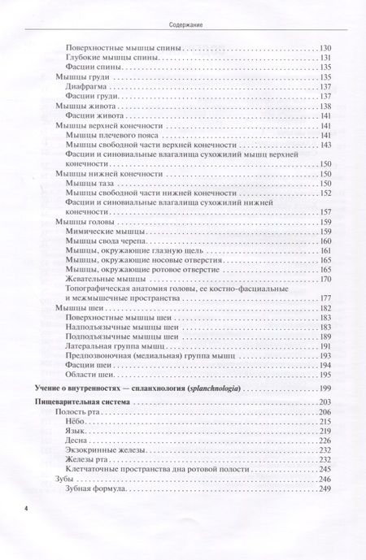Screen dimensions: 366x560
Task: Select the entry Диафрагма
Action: pos(86,85)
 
